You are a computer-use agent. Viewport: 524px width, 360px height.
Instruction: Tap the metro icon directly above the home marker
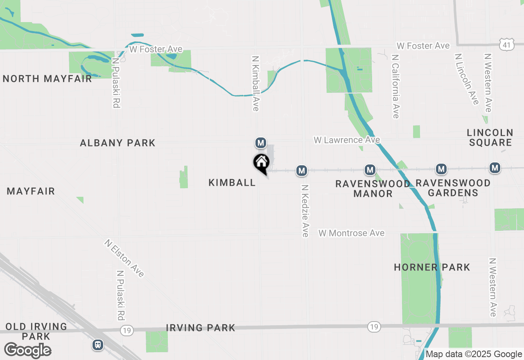coord(260,143)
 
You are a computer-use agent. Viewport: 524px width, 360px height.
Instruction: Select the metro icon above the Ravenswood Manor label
coord(370,169)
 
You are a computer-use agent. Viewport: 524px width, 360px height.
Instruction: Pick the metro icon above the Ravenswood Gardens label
coord(441,169)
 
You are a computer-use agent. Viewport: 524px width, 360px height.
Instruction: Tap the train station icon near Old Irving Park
coord(97,344)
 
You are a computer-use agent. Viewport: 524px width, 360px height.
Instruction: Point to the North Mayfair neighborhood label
coord(47,79)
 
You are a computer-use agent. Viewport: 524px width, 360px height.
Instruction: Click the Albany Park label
coord(117,143)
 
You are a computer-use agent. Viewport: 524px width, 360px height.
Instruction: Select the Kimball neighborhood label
coord(232,182)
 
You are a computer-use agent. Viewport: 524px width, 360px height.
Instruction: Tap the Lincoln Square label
coord(490,137)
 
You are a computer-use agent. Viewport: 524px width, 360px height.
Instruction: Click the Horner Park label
coord(432,267)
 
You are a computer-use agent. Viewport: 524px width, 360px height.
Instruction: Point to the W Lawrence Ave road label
coord(347,140)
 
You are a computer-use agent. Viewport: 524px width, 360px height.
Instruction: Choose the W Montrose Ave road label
coord(352,233)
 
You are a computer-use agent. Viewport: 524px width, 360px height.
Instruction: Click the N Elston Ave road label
coord(124,259)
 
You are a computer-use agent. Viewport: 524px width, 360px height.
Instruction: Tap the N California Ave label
coord(395,87)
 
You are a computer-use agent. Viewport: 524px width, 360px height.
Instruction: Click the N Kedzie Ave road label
coord(305,211)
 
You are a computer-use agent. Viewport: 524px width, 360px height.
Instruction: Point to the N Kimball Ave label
coord(256,84)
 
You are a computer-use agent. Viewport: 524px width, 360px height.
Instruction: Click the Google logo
coord(28,350)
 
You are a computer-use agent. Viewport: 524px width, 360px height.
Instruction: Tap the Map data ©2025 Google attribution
coord(474,354)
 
